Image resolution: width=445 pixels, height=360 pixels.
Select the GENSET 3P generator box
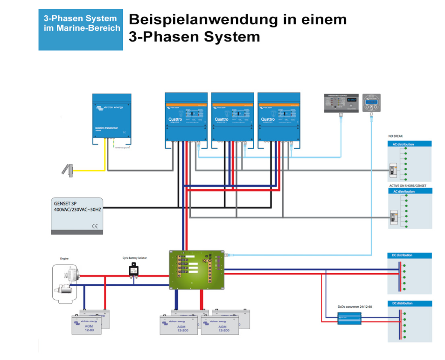pos(77,215)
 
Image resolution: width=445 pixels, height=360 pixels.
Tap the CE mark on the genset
pos(95,227)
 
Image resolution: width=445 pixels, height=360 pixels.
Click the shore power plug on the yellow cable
pos(68,170)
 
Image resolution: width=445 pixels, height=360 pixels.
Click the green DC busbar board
pos(197,270)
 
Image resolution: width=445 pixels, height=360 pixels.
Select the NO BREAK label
pos(396,136)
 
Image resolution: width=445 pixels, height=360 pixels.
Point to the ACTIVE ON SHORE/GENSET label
pos(407,186)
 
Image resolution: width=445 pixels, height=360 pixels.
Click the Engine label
pos(64,259)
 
